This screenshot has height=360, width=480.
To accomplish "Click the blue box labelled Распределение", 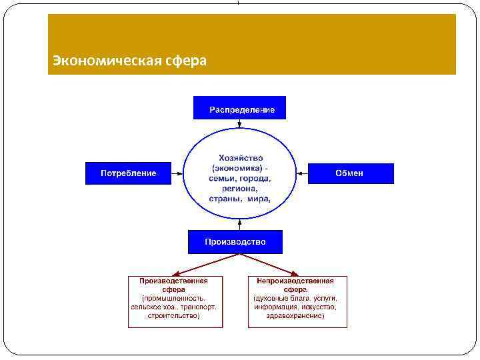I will (239, 108).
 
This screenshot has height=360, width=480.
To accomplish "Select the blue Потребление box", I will (128, 173).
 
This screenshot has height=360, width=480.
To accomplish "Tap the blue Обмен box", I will (350, 173).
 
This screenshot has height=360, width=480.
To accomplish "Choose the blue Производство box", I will (235, 242).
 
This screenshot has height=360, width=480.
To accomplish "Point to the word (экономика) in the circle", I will (234, 168).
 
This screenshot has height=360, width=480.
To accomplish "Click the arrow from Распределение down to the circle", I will (239, 125).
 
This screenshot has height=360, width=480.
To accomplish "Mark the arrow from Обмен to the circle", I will (301, 173).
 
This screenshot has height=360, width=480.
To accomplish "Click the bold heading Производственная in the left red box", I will (173, 281).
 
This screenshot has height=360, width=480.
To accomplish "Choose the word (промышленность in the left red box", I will (173, 299).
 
